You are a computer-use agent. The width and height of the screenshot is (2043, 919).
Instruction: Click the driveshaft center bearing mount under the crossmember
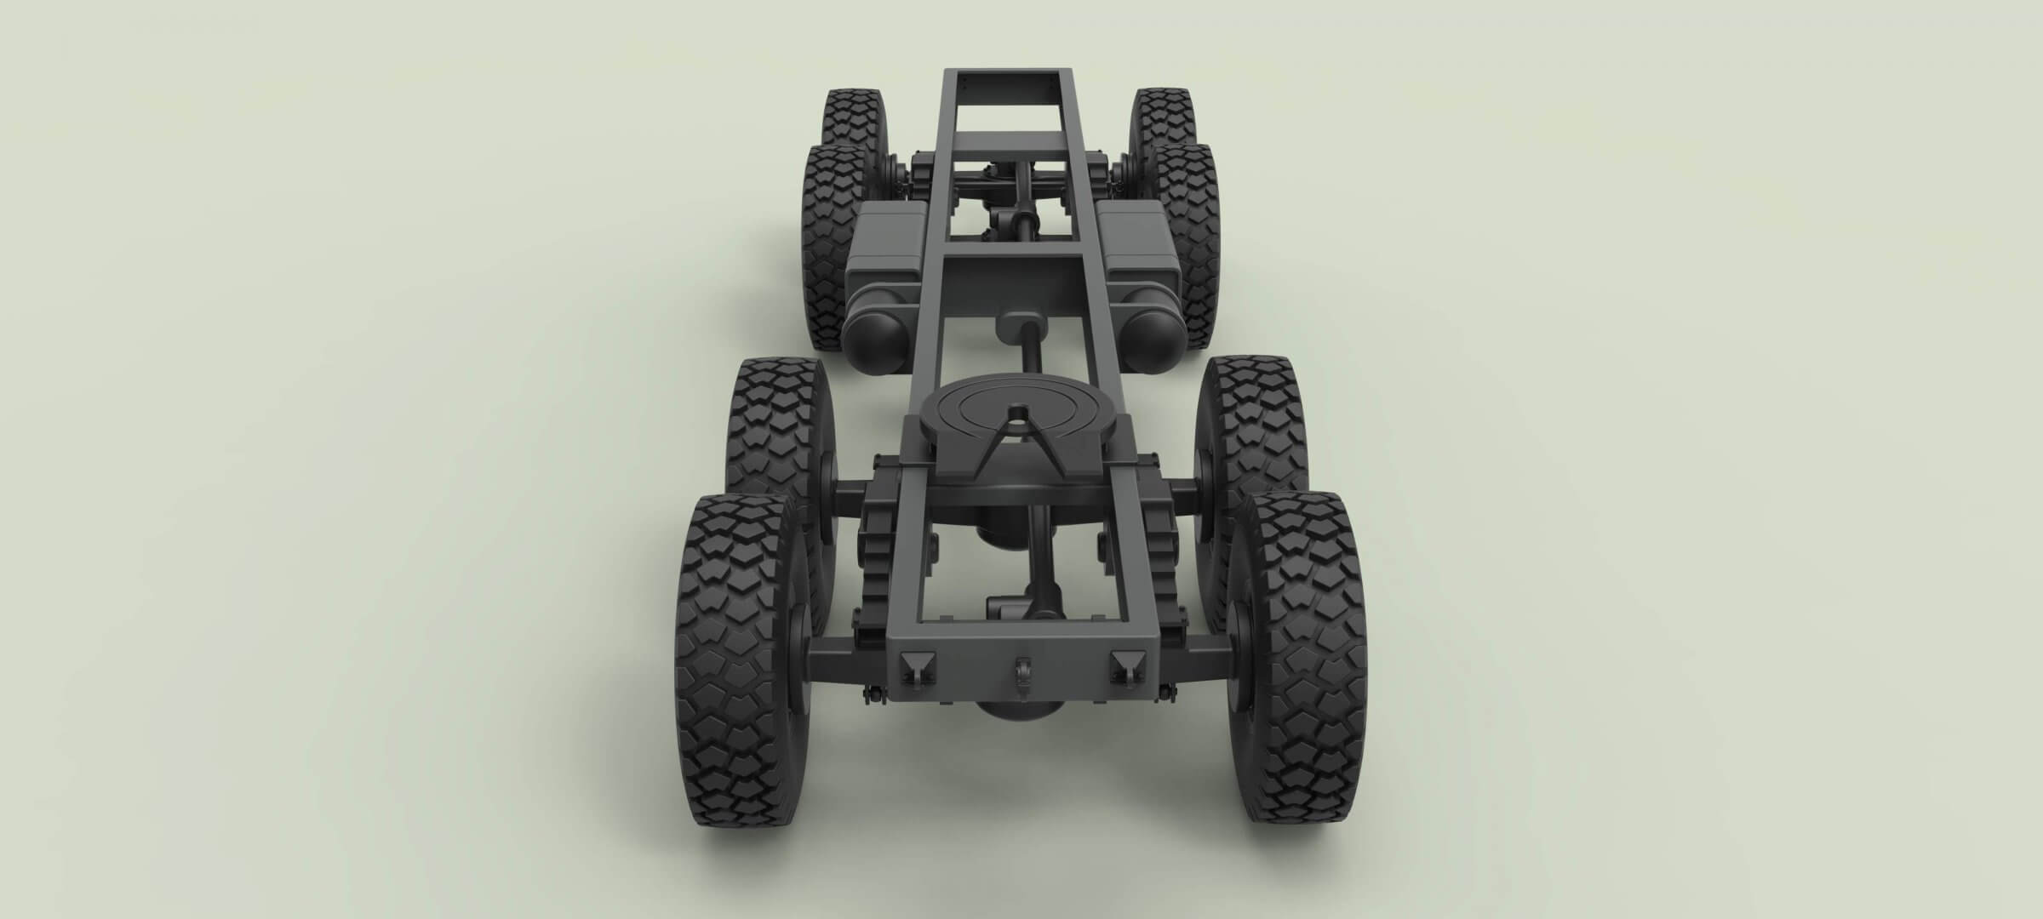click(1018, 323)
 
